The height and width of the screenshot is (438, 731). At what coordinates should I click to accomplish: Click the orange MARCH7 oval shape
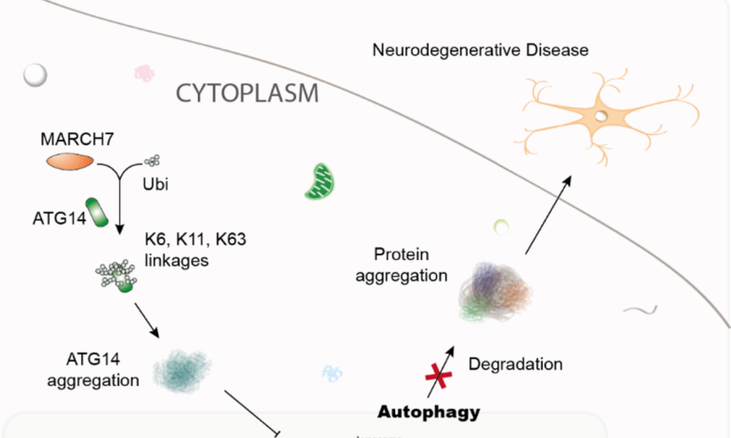[70, 161]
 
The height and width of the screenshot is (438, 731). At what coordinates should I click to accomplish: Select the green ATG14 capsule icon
[97, 213]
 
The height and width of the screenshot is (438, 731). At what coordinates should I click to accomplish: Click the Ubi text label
[156, 184]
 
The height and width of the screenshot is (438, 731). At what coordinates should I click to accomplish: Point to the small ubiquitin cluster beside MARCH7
[152, 160]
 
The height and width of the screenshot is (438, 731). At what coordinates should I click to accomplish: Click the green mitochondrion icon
[319, 182]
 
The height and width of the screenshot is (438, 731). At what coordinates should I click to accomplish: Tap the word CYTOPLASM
[248, 94]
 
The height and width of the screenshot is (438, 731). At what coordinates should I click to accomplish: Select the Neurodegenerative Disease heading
[480, 50]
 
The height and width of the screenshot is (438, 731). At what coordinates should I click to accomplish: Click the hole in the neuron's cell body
[600, 116]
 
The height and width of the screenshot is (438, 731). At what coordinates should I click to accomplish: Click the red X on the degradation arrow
[439, 374]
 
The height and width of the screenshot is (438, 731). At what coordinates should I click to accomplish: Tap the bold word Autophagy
[429, 412]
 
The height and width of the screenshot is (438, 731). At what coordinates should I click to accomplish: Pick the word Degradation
[515, 364]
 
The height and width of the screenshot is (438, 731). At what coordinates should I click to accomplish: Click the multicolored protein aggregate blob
[494, 292]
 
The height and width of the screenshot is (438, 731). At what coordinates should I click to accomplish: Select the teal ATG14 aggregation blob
[182, 371]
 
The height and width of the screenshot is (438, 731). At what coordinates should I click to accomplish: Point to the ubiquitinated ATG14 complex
[117, 276]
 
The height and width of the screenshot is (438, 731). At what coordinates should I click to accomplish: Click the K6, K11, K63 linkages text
[195, 250]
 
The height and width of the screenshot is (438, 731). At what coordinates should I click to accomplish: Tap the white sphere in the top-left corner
[35, 75]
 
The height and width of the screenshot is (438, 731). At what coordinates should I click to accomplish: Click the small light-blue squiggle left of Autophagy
[332, 372]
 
